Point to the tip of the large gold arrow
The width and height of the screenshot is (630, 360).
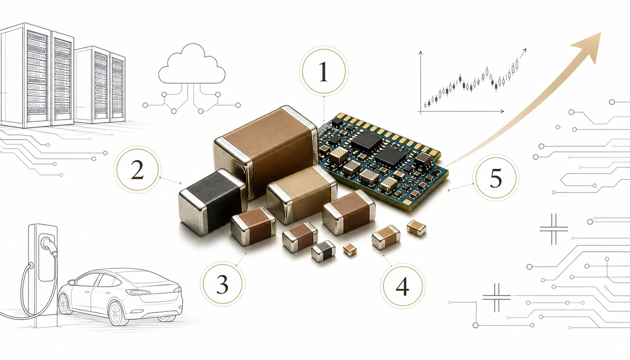(x=601, y=33)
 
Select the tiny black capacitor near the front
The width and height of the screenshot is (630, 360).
(x=323, y=251)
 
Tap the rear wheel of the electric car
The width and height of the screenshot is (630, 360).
(x=117, y=313)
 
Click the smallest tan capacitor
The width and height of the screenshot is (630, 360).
(x=350, y=250)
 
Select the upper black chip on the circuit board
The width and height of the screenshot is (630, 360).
(x=366, y=142)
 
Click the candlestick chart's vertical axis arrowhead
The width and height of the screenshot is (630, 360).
(x=420, y=53)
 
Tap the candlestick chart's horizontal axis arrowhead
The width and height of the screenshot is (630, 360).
(x=502, y=111)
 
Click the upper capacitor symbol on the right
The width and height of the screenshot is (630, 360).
(x=554, y=229)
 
